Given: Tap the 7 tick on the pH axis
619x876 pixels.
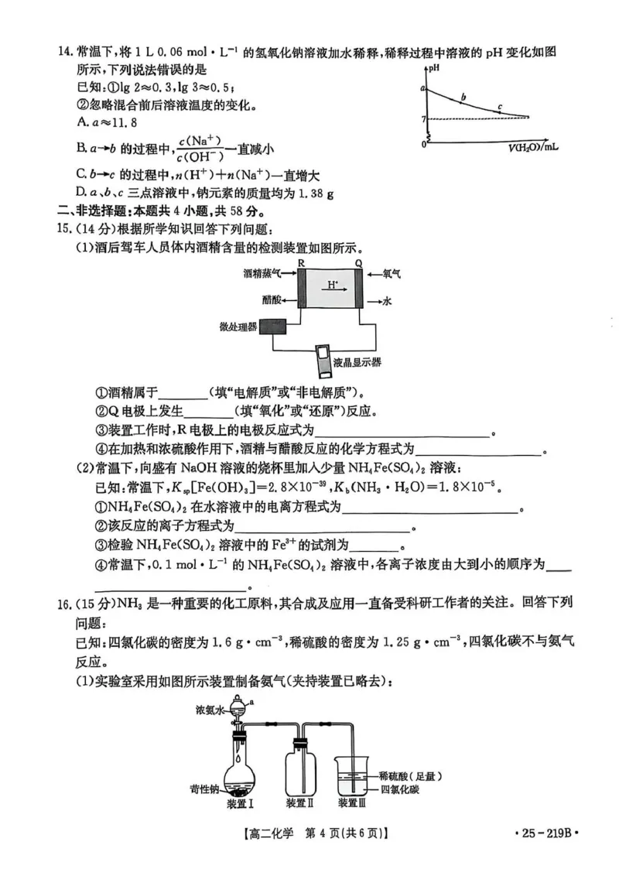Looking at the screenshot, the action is pos(424,118).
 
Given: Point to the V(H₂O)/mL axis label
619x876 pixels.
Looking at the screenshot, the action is pos(534,145).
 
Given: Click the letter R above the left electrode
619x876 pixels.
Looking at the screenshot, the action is pos(301,264).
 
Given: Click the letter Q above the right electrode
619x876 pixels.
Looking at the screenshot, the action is pos(358,264).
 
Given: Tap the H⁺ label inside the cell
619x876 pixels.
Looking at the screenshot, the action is pos(331,285).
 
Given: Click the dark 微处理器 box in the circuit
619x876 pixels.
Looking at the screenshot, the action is pos(273,326).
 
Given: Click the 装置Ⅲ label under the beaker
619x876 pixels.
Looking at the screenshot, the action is pos(355,803).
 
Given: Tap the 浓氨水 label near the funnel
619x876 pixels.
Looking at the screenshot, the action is pos(210,708).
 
